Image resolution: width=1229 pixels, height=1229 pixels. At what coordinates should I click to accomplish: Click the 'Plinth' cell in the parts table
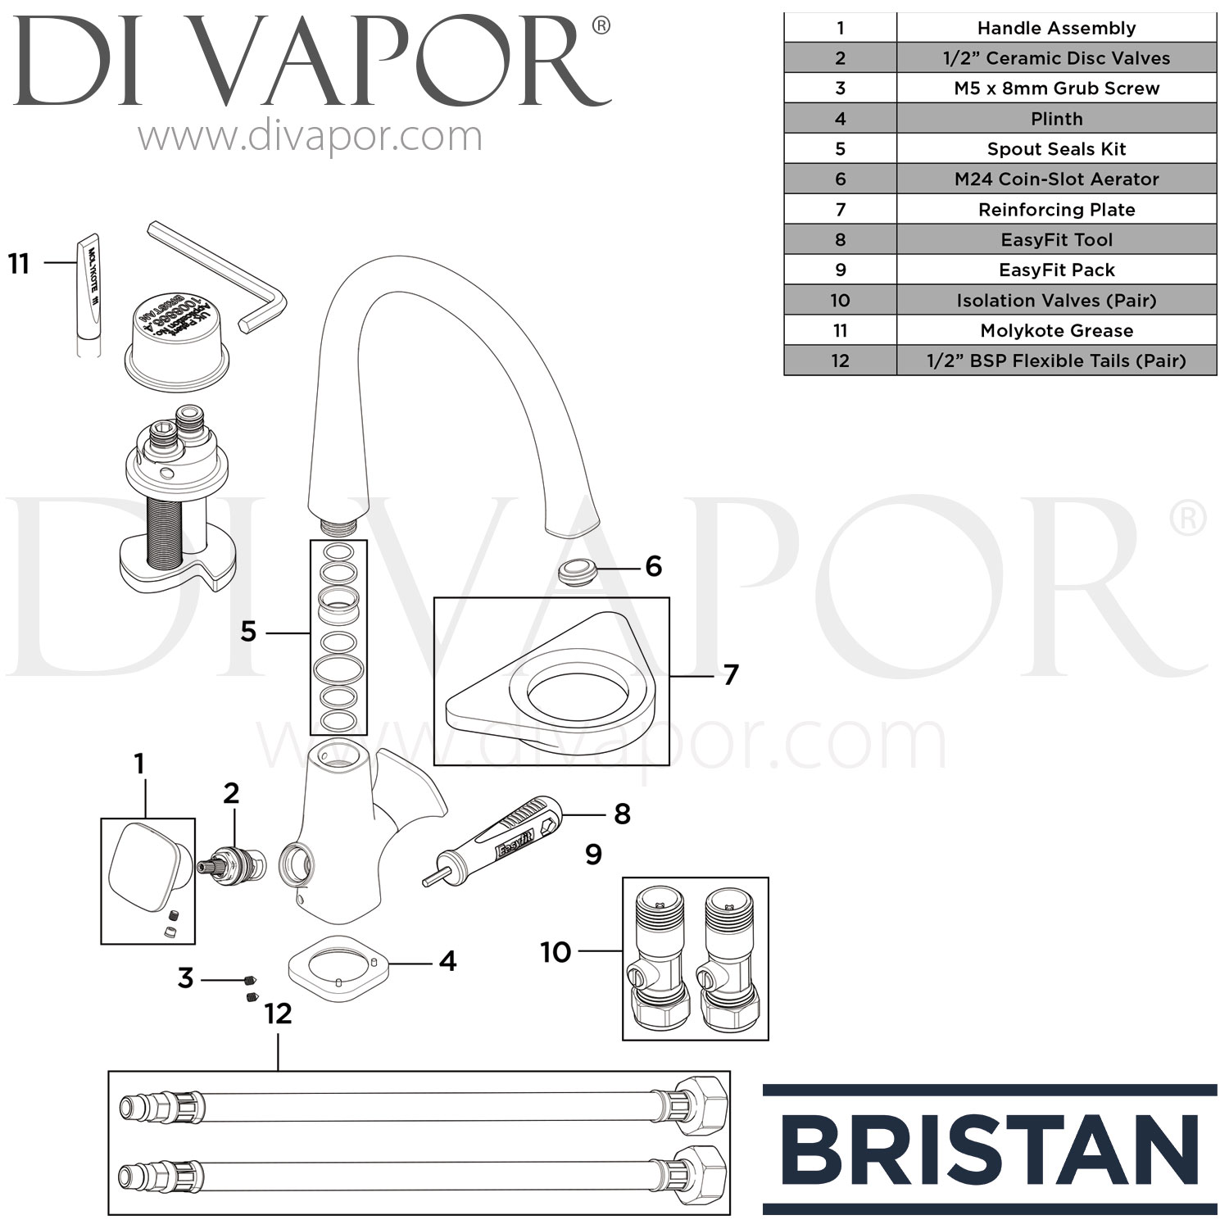point(1056,119)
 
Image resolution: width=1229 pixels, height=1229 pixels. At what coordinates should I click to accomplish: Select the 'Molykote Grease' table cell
point(1056,331)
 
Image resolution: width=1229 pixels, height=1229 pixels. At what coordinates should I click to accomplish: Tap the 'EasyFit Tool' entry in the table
point(1056,240)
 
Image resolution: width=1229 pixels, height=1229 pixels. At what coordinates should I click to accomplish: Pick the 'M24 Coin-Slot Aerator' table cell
point(1056,179)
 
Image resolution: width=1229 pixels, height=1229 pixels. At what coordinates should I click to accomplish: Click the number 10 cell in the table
point(840,301)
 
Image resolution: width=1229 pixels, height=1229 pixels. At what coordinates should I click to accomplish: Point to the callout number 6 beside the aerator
point(653,566)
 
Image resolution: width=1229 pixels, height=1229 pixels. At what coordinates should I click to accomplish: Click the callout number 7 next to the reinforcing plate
point(730,675)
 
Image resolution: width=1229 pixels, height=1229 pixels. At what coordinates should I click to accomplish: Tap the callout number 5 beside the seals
point(248,632)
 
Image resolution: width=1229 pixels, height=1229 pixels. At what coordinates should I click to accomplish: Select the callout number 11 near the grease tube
point(19,264)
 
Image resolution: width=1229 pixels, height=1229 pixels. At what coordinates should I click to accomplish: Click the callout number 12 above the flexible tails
point(278,1014)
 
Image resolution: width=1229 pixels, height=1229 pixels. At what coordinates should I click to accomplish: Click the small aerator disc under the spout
point(576,570)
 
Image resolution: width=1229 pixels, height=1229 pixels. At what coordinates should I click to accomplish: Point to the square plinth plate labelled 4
point(338,968)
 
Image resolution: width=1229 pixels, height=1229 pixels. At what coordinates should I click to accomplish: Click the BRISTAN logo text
point(990,1150)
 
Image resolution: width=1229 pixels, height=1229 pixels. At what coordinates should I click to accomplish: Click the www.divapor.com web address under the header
point(310,136)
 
